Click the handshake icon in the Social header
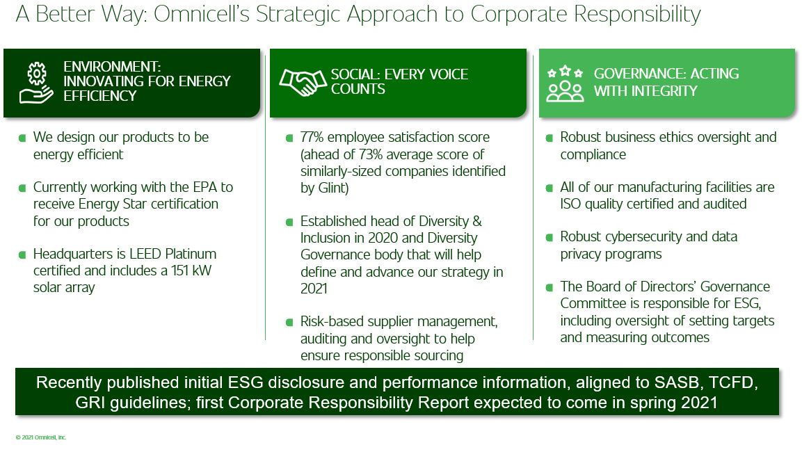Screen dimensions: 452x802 303,82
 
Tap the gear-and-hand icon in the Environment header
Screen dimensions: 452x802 36,82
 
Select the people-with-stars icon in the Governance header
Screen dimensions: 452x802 565,83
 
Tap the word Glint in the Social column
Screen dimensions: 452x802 331,188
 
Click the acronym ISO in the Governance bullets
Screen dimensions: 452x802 572,204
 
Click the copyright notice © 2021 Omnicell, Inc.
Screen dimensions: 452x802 41,437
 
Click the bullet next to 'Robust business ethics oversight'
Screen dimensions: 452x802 549,138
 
